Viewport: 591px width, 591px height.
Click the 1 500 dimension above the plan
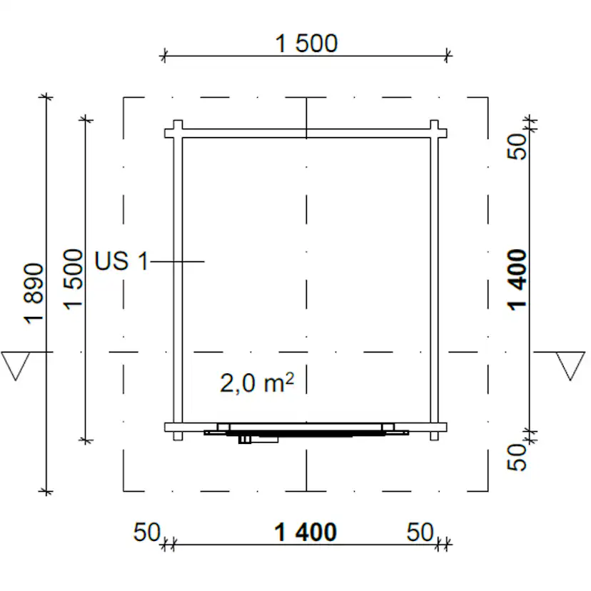click(x=306, y=44)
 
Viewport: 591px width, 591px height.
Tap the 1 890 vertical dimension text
click(x=34, y=293)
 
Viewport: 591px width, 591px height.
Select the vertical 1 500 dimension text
click(x=73, y=279)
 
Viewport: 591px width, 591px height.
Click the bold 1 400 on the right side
click(x=516, y=280)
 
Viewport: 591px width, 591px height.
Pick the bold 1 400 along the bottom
click(x=305, y=532)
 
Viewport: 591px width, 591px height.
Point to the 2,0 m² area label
click(x=257, y=383)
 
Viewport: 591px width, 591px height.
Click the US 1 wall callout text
click(x=121, y=261)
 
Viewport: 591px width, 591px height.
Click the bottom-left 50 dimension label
click(x=147, y=532)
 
